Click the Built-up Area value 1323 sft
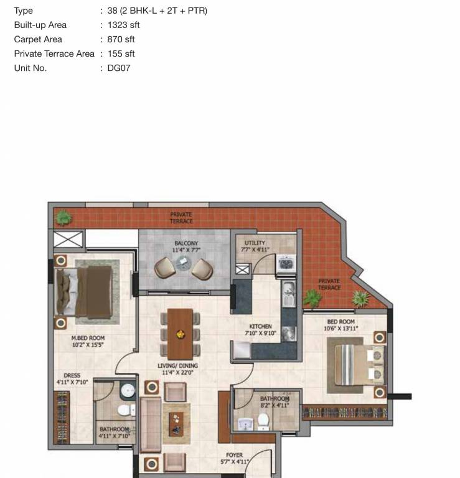123,25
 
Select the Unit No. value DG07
119,68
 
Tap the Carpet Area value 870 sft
121,39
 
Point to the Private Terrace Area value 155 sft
121,54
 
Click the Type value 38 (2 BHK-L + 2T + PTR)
157,11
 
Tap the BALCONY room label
186,243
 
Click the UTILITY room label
255,243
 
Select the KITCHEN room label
261,326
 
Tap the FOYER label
234,455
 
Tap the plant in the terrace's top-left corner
63,217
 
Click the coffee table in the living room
177,423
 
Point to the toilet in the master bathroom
124,410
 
